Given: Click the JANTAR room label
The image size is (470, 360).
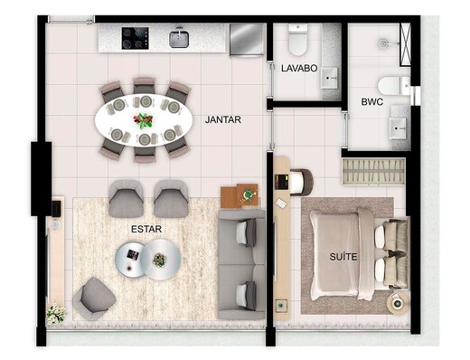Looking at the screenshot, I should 222,119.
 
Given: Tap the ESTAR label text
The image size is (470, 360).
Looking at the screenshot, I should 146,229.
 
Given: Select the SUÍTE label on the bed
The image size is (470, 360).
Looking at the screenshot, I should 343,257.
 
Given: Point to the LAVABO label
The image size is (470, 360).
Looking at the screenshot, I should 297,69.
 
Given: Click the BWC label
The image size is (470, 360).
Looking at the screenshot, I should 371,102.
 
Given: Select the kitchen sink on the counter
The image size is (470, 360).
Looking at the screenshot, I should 179,37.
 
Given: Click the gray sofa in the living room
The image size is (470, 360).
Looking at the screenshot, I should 242,262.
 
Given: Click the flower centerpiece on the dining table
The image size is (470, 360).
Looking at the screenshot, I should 142,118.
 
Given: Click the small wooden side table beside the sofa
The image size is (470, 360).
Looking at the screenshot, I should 240,195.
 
